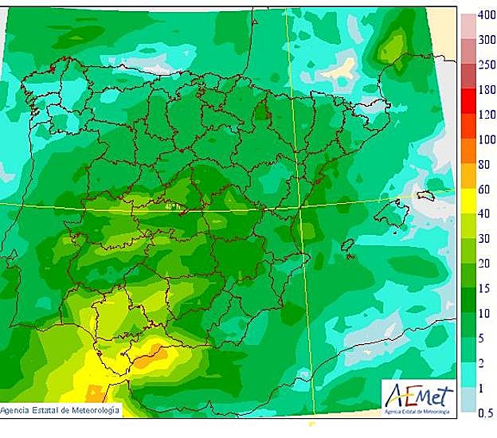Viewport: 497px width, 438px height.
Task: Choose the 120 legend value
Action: (x=485, y=114)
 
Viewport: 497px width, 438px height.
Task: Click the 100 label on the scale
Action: (x=485, y=140)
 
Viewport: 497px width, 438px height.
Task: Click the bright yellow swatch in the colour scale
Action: (x=468, y=201)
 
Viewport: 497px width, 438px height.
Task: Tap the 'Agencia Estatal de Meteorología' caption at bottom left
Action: (x=61, y=410)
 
